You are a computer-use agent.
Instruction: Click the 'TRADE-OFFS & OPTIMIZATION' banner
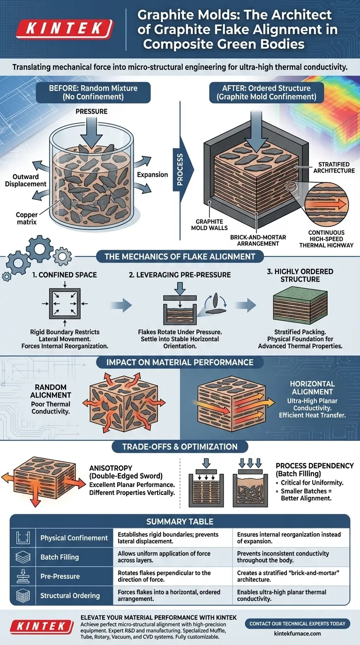[180, 447]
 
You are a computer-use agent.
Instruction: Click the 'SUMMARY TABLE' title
[180, 521]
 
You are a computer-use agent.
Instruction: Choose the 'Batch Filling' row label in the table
[60, 557]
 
